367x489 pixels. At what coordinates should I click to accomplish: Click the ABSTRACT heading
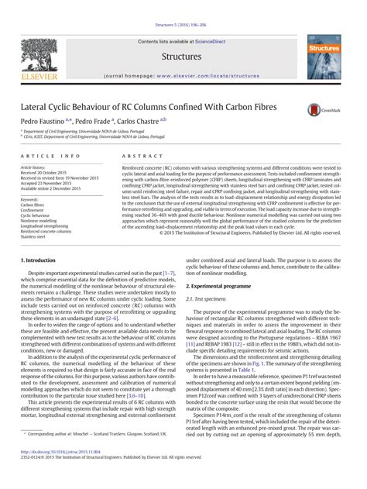[138, 156]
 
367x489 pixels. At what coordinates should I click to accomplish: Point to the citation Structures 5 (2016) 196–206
[183, 5]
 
